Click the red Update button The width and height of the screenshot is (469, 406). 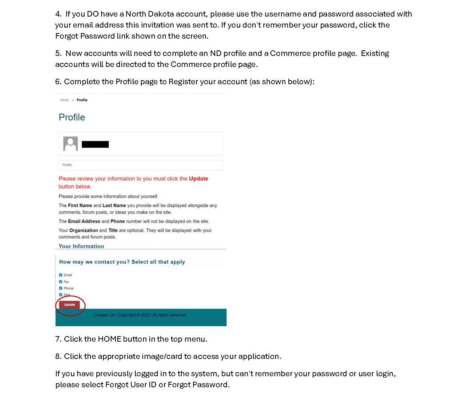70,305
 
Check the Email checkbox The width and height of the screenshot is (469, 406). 61,275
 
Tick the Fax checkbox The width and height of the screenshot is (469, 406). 61,282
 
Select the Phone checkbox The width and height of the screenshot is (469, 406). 61,288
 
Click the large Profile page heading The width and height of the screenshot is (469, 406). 72,117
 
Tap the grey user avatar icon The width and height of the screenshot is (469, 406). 70,144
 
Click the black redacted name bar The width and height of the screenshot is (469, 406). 95,144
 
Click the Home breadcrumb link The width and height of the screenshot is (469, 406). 64,100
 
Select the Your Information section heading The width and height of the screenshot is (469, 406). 81,246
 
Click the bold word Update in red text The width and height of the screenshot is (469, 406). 198,179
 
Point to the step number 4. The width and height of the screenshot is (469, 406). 58,14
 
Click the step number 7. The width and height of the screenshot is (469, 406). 58,339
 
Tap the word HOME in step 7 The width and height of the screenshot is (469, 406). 109,339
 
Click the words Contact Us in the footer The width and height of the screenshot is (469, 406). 104,315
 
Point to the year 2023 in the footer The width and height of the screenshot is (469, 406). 146,315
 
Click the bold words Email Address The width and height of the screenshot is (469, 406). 84,221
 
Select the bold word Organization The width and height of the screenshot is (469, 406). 84,231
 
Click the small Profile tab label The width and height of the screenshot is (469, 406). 67,165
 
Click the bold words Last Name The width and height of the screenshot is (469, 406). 114,206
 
